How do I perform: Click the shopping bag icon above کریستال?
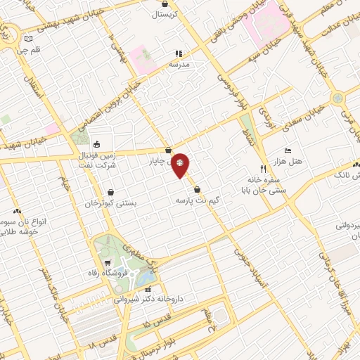(165, 4)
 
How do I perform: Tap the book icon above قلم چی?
(28, 39)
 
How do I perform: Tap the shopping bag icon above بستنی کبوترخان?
(110, 192)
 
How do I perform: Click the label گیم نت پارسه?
(199, 200)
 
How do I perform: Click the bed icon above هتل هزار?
(288, 151)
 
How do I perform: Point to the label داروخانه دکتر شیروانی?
(150, 298)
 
